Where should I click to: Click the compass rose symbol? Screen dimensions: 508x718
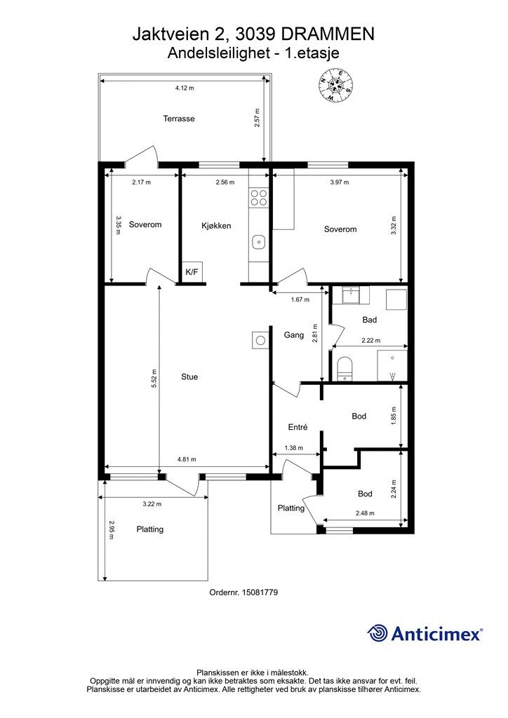[x=336, y=85]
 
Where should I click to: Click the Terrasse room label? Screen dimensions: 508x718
[x=179, y=118]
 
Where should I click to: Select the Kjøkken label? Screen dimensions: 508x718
[x=216, y=226]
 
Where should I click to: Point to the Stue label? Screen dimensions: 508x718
[x=189, y=377]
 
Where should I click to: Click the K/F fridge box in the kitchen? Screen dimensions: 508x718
[x=192, y=272]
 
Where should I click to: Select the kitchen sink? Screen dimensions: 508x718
[x=259, y=241]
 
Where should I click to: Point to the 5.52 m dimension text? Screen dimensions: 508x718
[x=154, y=379]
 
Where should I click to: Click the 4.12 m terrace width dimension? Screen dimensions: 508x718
[x=185, y=88]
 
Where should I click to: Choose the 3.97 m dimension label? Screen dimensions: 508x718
[x=340, y=182]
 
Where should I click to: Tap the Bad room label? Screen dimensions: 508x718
[x=370, y=320]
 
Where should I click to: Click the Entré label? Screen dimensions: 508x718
[x=298, y=427]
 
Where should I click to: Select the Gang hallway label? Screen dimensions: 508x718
[x=293, y=334]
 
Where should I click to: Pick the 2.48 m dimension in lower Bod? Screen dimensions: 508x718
[x=365, y=513]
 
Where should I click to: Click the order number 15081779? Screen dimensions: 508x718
[x=260, y=592]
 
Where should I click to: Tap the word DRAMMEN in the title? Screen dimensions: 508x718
[x=327, y=34]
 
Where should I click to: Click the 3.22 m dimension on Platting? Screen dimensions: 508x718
[x=152, y=504]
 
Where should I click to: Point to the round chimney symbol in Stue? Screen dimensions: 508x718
[x=260, y=340]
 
